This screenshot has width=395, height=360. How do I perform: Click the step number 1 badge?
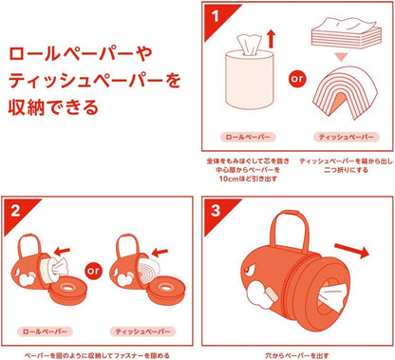[x=216, y=16]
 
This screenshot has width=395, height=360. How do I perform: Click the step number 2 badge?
[x=16, y=211]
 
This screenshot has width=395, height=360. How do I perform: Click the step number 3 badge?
[x=216, y=211]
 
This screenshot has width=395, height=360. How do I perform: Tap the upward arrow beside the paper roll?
[x=271, y=39]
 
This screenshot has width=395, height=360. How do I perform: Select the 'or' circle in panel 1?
[x=297, y=79]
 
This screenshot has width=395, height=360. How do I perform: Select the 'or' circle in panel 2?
[x=94, y=271]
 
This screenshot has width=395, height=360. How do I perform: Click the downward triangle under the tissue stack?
[x=342, y=57]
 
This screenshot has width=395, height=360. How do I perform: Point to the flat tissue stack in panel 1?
[x=347, y=31]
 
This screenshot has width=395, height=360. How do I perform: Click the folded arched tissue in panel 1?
[x=346, y=92]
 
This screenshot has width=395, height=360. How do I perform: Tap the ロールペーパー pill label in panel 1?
[x=248, y=137]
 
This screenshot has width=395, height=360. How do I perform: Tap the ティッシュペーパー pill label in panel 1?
[x=347, y=137]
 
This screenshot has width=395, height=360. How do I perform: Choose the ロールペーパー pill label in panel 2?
[x=45, y=332]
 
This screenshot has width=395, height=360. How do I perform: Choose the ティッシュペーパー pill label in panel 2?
[x=142, y=332]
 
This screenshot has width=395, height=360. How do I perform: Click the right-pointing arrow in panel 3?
[x=352, y=251]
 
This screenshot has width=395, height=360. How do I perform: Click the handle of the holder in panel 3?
[x=291, y=228]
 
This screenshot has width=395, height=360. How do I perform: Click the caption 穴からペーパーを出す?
[x=297, y=355]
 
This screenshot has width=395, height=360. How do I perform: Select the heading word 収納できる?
[x=53, y=107]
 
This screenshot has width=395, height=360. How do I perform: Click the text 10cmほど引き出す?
[x=248, y=179]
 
